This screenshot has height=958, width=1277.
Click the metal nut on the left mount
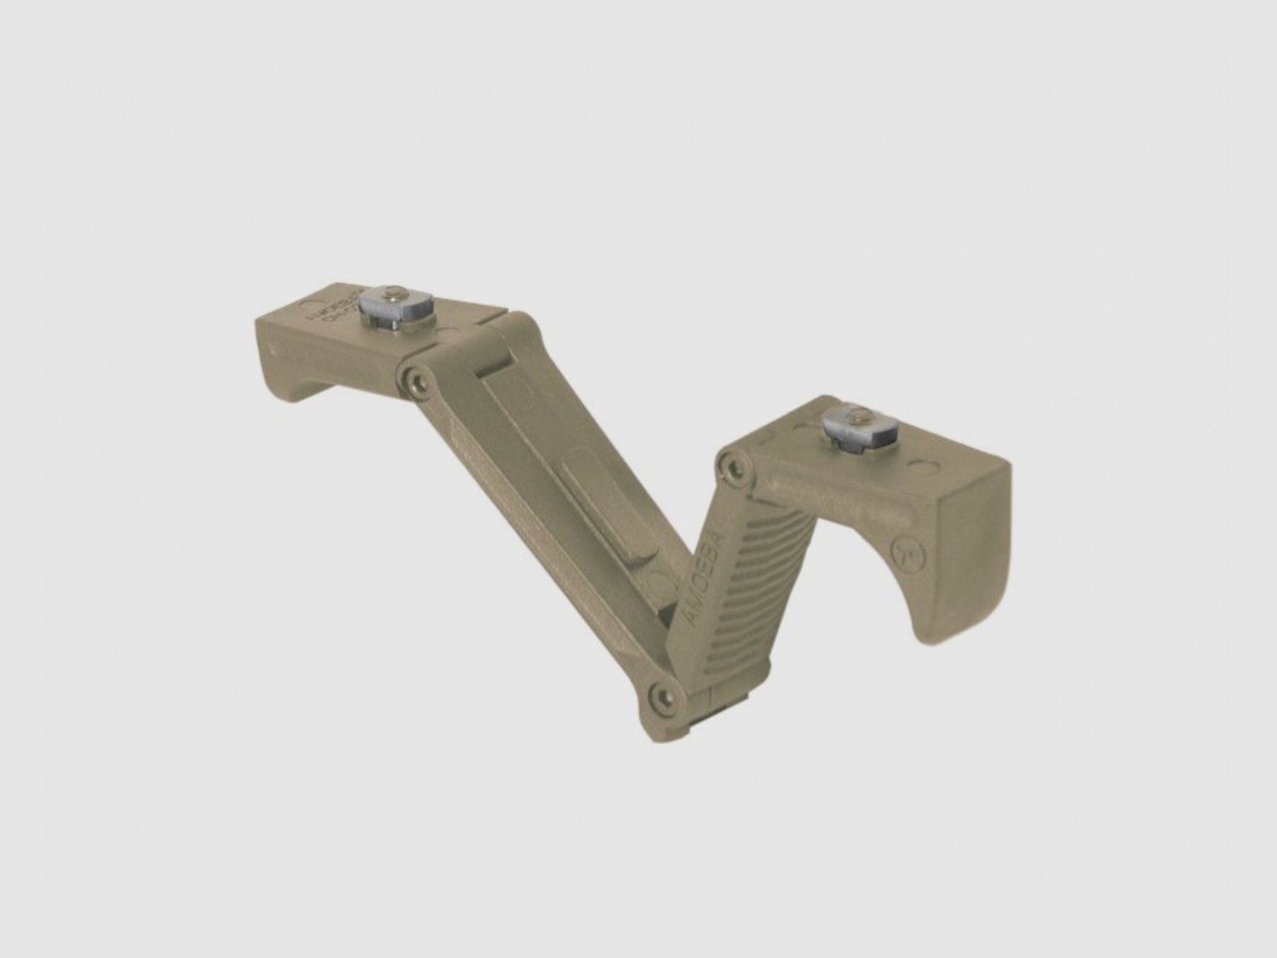394,313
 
